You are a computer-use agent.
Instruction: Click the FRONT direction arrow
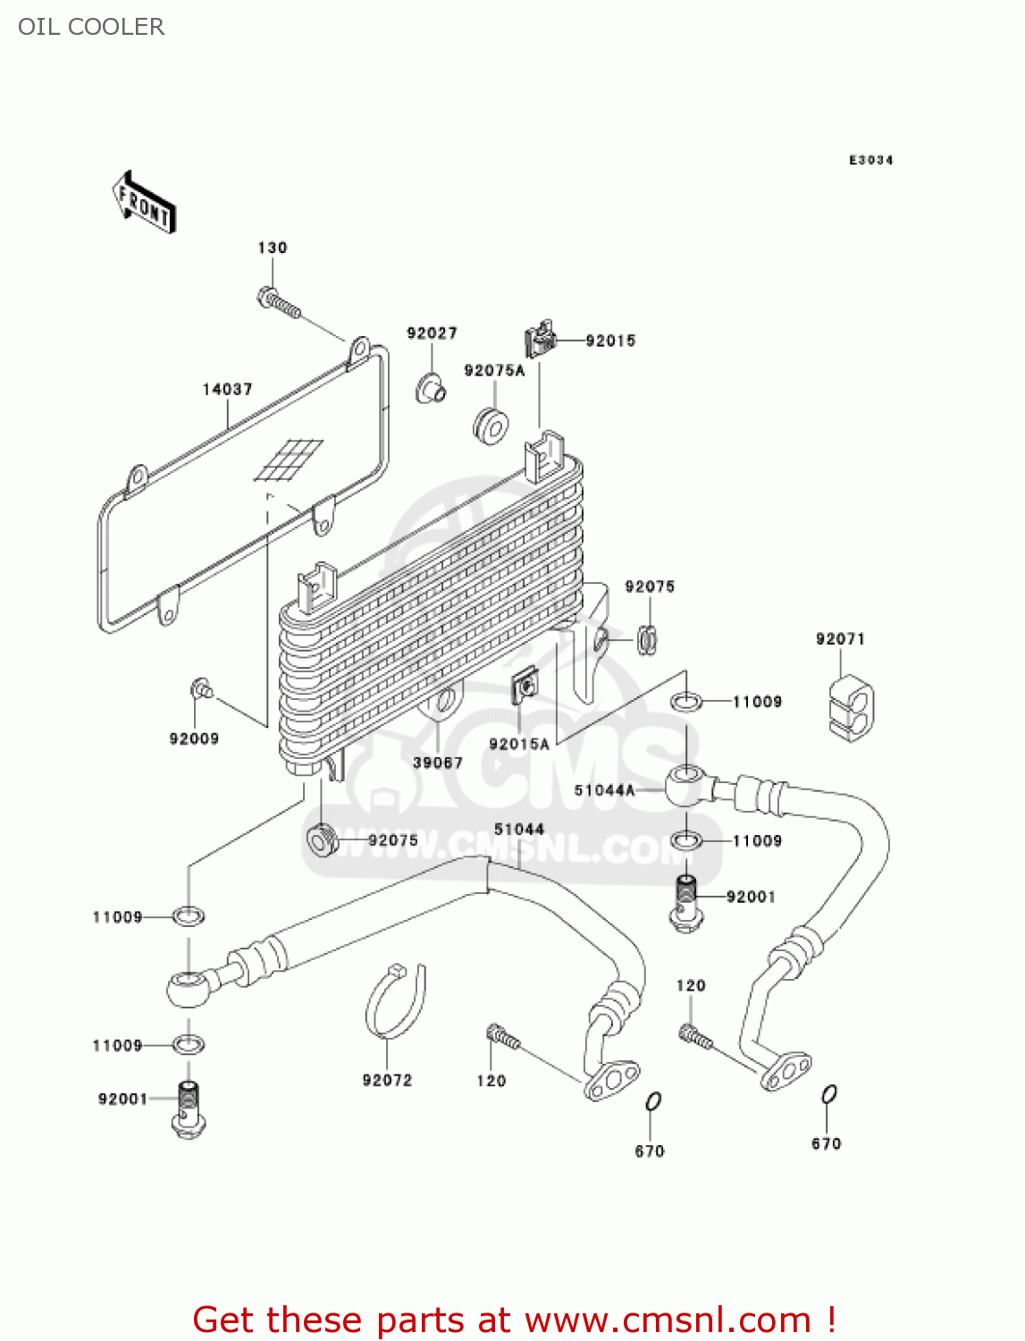(144, 203)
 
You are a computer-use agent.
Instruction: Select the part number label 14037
(227, 389)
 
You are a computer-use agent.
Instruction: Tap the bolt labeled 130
(278, 301)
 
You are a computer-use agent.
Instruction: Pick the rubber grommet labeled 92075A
(490, 425)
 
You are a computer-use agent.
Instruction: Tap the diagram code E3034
(870, 160)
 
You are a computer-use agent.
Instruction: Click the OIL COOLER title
(91, 27)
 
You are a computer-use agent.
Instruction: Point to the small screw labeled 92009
(201, 688)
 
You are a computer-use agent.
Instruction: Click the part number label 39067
(437, 763)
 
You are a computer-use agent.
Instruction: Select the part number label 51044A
(604, 790)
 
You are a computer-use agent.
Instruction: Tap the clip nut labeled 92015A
(525, 687)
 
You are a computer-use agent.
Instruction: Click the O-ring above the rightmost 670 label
(828, 1094)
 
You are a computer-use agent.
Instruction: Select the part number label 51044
(519, 829)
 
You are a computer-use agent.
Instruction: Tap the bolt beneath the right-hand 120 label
(695, 1037)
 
